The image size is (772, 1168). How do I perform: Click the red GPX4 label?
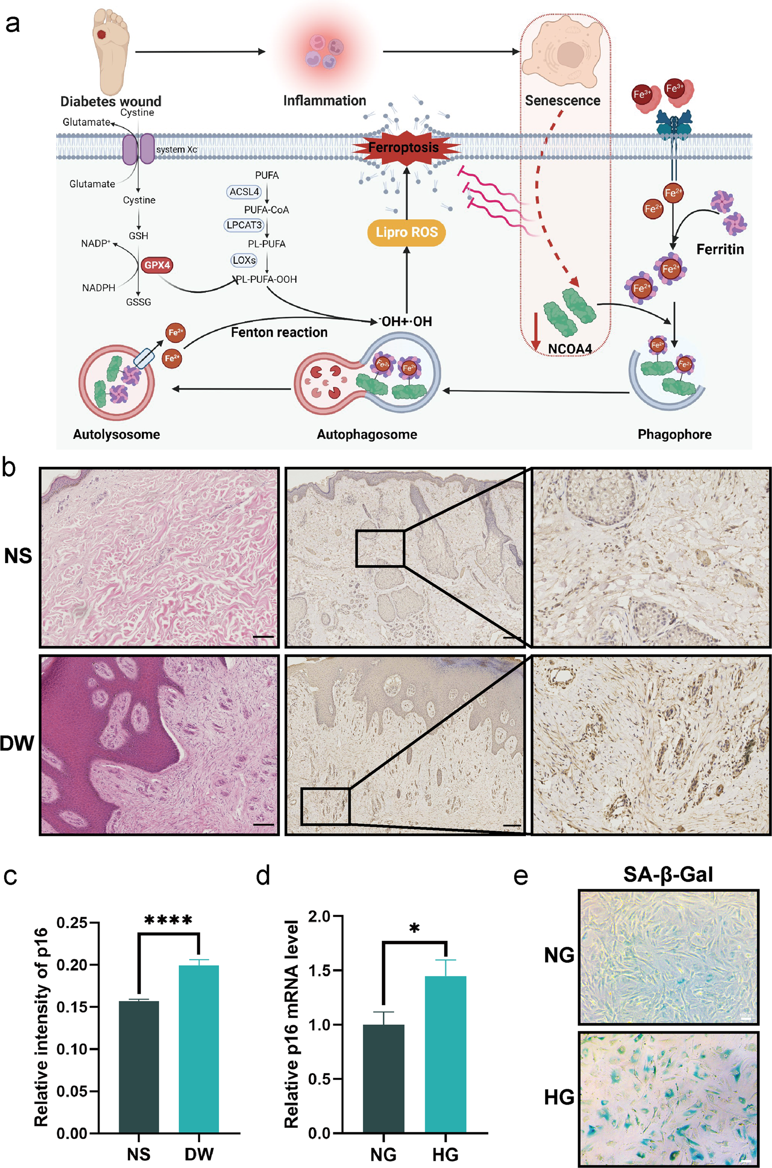pyautogui.click(x=157, y=265)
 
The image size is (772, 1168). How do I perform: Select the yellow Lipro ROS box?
pyautogui.click(x=406, y=232)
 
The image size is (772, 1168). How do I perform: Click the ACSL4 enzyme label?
pyautogui.click(x=244, y=192)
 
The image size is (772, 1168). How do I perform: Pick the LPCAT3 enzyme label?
pyautogui.click(x=244, y=225)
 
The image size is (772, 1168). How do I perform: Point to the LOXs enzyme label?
pyautogui.click(x=244, y=260)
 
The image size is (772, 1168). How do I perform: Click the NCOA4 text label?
pyautogui.click(x=569, y=349)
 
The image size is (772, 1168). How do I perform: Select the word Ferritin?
pyautogui.click(x=720, y=249)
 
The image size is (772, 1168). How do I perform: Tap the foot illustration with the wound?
pyautogui.click(x=110, y=49)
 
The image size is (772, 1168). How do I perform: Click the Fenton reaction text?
pyautogui.click(x=279, y=332)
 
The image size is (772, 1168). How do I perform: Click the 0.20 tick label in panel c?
pyautogui.click(x=72, y=965)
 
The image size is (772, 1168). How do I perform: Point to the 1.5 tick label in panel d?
pyautogui.click(x=319, y=971)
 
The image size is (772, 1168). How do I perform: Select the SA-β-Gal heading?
pyautogui.click(x=668, y=874)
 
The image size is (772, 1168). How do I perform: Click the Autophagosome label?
pyautogui.click(x=366, y=434)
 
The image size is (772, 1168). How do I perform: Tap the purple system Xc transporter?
pyautogui.click(x=138, y=149)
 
